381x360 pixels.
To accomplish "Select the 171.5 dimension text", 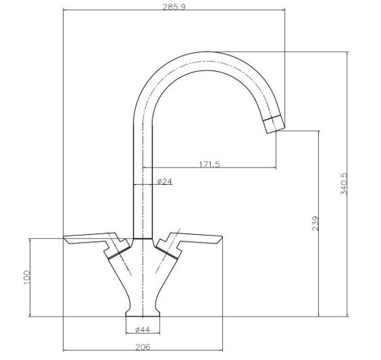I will [x=209, y=164].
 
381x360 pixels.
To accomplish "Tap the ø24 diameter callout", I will [x=164, y=181].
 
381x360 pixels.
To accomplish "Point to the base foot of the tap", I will [x=146, y=316].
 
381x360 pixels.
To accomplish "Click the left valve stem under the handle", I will [x=114, y=250].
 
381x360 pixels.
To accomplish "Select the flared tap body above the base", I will [x=145, y=283].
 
